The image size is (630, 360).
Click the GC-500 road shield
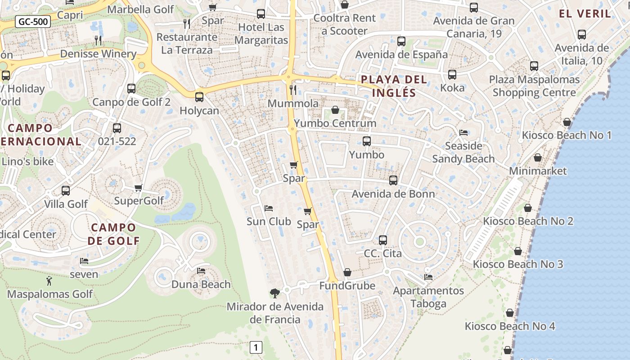pyautogui.click(x=33, y=22)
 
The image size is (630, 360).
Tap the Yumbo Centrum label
pyautogui.click(x=335, y=123)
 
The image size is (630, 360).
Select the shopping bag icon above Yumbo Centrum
pyautogui.click(x=335, y=110)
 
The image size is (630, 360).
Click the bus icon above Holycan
pyautogui.click(x=199, y=97)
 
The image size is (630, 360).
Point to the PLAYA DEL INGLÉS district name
pyautogui.click(x=394, y=86)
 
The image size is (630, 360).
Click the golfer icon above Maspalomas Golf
pyautogui.click(x=49, y=281)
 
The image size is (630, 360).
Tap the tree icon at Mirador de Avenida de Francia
pyautogui.click(x=274, y=293)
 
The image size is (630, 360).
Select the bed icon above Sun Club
pyautogui.click(x=269, y=208)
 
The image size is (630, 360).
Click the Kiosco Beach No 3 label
pyautogui.click(x=517, y=264)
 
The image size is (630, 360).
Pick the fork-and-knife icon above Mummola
pyautogui.click(x=293, y=90)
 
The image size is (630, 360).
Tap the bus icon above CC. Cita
pyautogui.click(x=383, y=240)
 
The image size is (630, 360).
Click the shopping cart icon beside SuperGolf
pyautogui.click(x=139, y=188)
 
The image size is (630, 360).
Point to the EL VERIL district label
pyautogui.click(x=585, y=13)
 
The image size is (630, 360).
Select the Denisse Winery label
pyautogui.click(x=98, y=54)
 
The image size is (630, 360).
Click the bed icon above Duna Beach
pyautogui.click(x=201, y=271)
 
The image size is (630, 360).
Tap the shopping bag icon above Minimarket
pyautogui.click(x=537, y=157)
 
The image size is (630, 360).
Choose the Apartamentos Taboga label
pyautogui.click(x=428, y=297)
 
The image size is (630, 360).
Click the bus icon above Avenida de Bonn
pyautogui.click(x=393, y=180)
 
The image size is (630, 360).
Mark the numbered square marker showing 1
pyautogui.click(x=256, y=347)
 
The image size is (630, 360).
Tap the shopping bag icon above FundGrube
pyautogui.click(x=347, y=272)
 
